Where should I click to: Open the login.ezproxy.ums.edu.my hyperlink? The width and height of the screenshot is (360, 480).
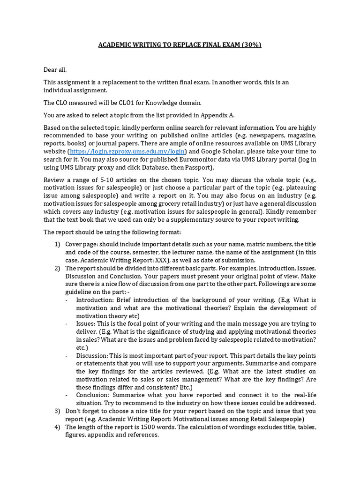(128, 151)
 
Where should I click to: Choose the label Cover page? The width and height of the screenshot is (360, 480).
(81, 244)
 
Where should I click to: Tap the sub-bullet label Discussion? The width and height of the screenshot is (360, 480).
(92, 355)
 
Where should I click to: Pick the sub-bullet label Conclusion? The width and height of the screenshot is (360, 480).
(94, 395)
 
